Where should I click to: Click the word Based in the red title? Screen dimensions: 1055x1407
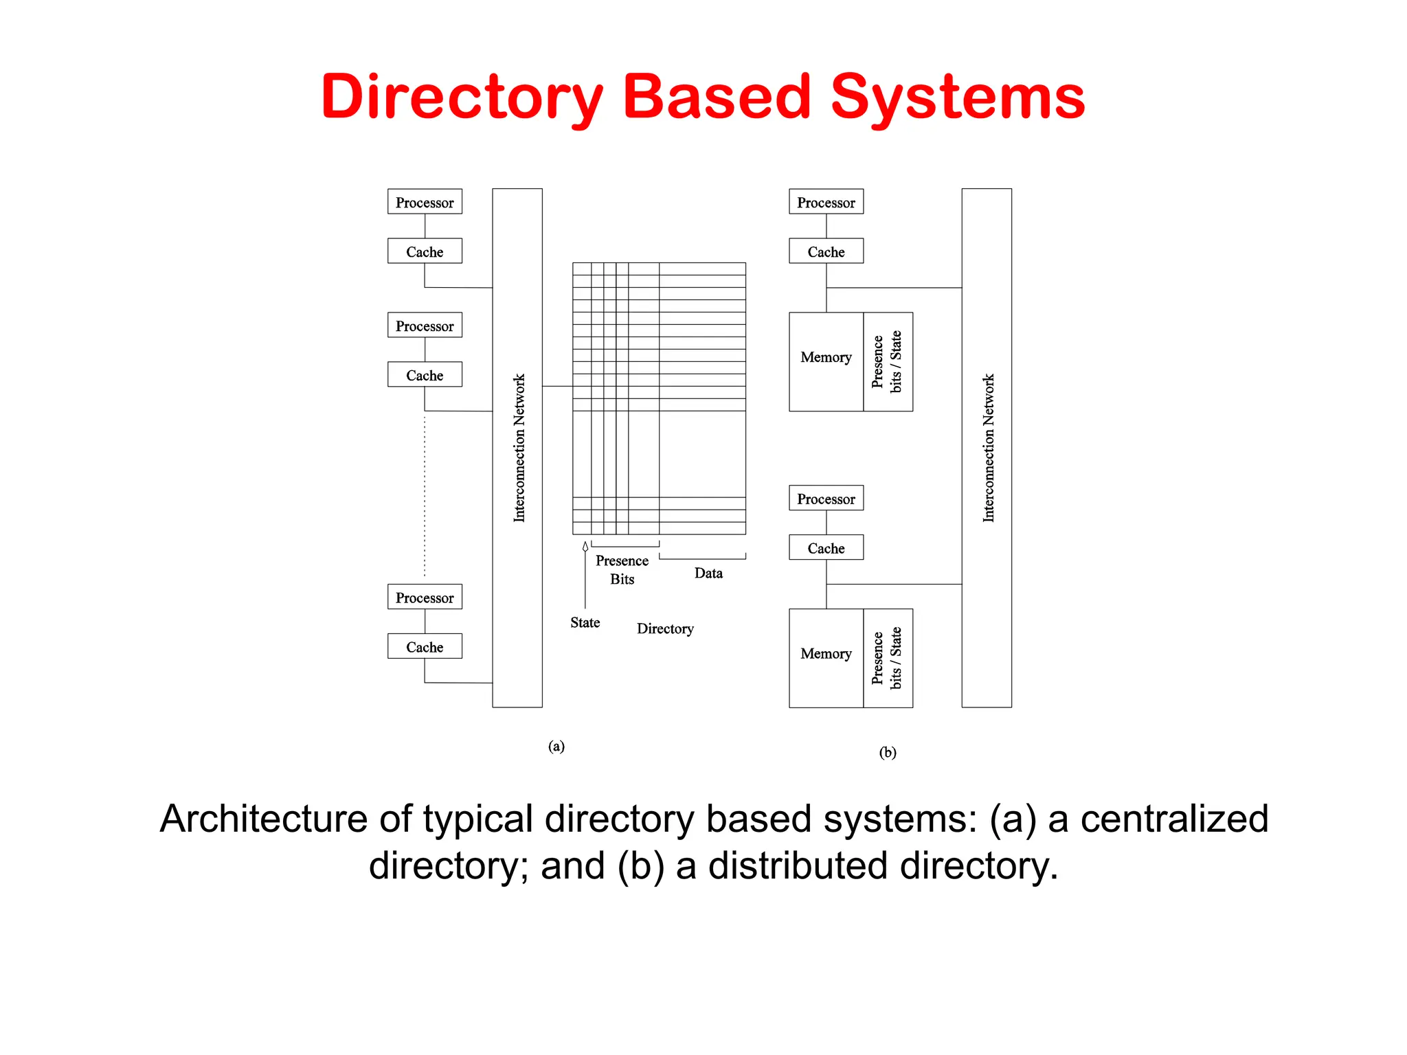717,97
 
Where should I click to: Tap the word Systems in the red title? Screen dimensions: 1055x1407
958,97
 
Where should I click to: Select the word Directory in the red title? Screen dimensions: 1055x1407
462,97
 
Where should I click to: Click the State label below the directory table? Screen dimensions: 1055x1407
585,623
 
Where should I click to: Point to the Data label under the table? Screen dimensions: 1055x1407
708,574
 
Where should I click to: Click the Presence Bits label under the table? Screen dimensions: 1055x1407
622,570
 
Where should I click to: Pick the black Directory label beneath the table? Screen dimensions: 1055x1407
665,629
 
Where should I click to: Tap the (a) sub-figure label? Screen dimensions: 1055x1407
556,746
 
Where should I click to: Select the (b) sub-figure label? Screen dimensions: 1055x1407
888,752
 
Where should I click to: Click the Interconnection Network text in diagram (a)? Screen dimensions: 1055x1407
519,448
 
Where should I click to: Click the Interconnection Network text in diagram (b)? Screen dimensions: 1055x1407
988,448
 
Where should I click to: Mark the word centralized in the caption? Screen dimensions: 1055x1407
1174,819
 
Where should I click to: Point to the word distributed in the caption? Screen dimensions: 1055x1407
798,865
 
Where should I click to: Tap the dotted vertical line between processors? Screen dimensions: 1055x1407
425,495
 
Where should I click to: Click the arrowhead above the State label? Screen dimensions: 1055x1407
585,547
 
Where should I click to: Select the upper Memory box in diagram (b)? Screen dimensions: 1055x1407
826,362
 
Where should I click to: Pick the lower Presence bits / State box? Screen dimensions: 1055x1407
888,658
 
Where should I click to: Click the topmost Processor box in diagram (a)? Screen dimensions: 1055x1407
425,202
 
